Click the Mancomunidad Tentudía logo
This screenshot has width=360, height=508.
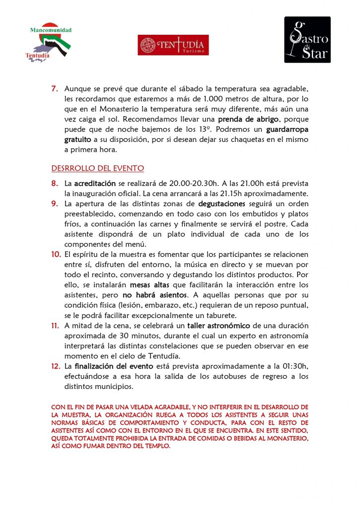click(x=48, y=44)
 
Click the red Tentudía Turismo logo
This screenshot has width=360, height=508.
click(x=173, y=45)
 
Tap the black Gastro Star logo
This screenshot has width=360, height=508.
click(x=307, y=40)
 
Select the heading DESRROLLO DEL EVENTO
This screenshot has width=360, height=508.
click(x=98, y=168)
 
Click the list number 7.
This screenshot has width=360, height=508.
click(x=55, y=89)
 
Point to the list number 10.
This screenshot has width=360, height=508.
click(x=56, y=254)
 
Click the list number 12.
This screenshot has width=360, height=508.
click(x=56, y=366)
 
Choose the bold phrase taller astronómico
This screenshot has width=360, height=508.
click(x=220, y=325)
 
